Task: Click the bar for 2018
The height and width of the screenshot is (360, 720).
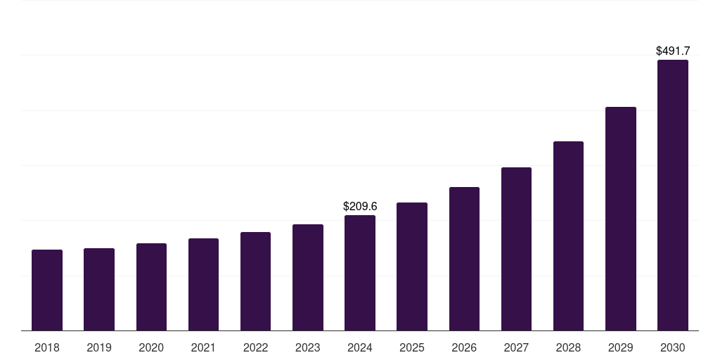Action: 47,290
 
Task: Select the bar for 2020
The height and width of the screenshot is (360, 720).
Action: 151,287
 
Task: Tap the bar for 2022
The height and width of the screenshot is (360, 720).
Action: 255,281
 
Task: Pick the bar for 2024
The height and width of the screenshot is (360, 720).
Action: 360,273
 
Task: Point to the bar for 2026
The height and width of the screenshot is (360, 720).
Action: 464,259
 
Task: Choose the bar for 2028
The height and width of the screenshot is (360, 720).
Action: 568,236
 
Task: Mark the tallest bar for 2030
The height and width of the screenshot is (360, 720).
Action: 673,195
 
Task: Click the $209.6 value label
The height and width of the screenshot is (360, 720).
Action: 360,207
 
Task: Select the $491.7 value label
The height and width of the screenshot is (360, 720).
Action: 673,51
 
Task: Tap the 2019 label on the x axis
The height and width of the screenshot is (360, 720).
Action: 99,347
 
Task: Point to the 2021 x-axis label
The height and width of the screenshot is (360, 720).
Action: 203,347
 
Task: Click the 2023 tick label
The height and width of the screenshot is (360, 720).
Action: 308,347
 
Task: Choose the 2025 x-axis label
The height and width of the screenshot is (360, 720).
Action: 412,347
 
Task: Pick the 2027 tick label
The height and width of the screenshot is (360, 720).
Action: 516,347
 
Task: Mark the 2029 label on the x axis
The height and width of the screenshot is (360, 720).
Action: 621,347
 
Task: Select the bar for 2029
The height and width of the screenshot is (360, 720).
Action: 621,219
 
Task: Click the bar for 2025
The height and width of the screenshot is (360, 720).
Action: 412,266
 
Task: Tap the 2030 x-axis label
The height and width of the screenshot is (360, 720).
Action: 673,347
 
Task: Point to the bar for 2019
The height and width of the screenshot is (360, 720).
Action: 99,289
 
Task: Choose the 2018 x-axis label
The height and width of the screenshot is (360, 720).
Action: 47,347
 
